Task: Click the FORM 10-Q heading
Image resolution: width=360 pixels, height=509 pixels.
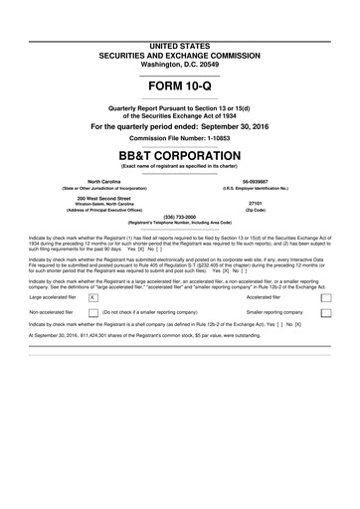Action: [x=180, y=89]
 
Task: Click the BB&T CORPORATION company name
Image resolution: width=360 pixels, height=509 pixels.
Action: [x=180, y=156]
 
